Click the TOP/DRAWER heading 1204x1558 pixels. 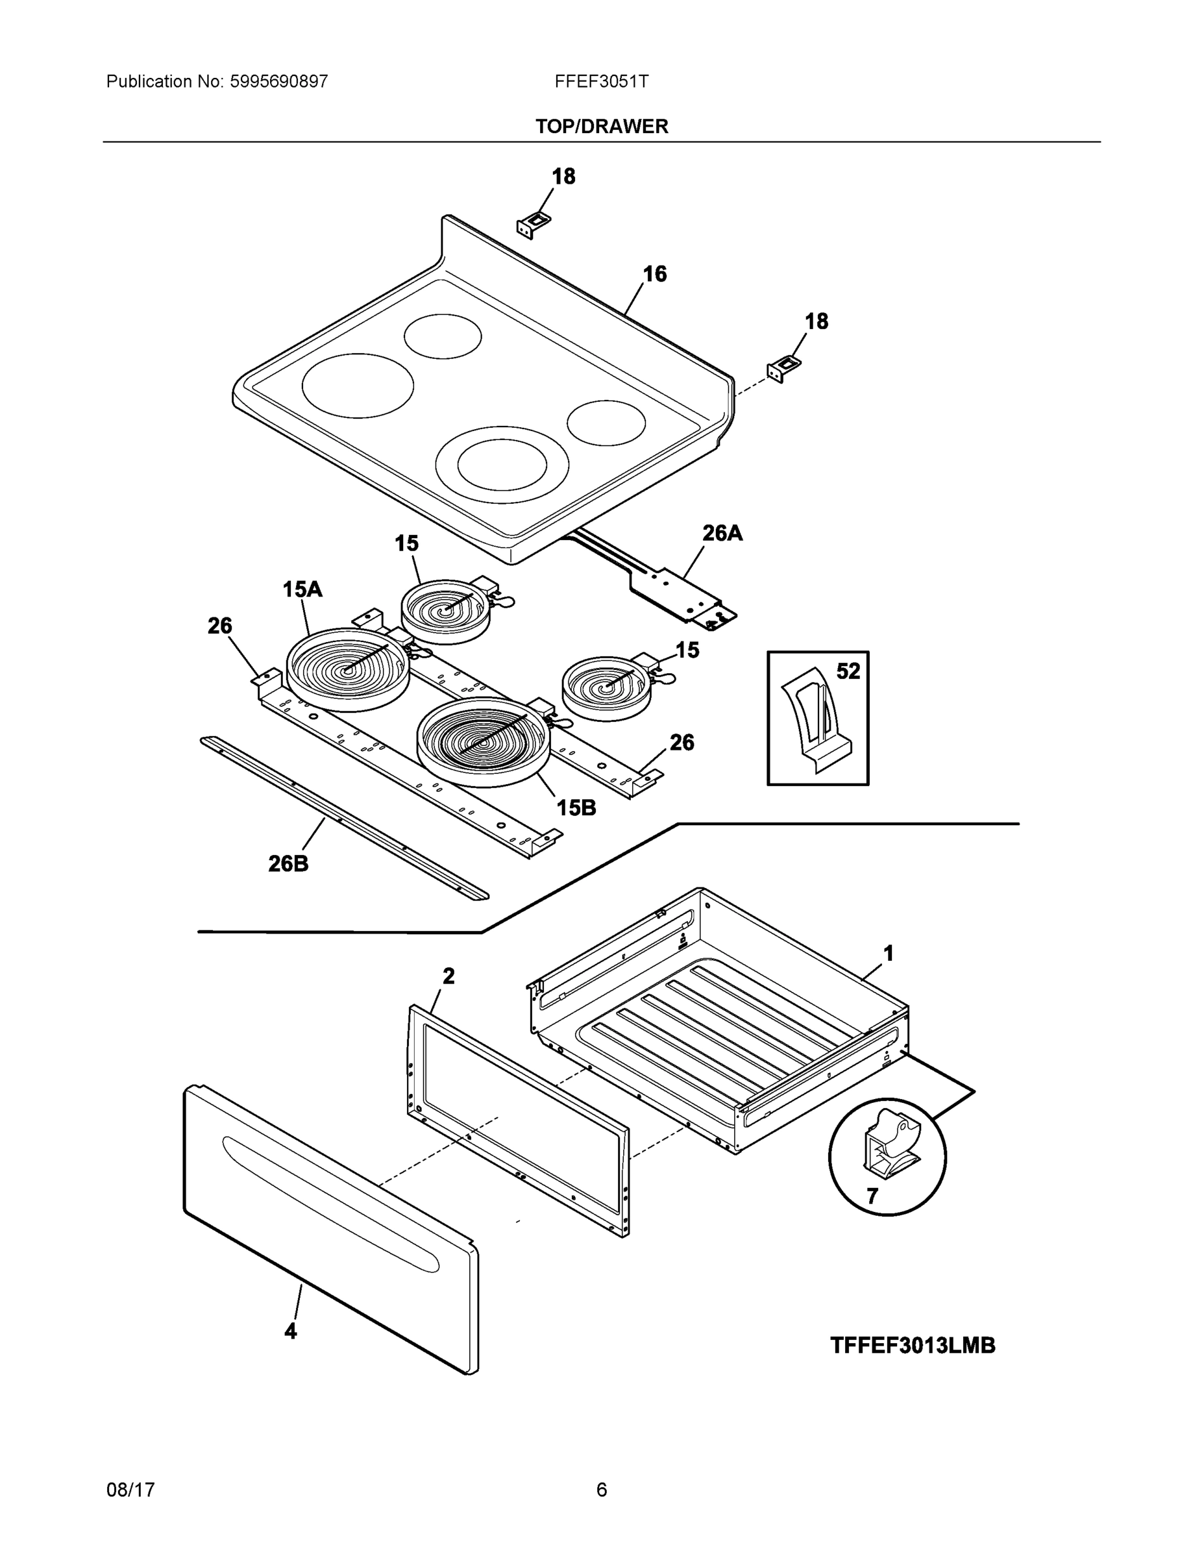point(601,127)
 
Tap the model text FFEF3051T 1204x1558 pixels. point(601,81)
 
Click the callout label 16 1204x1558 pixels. point(654,274)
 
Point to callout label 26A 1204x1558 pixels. point(722,532)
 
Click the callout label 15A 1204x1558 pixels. point(302,589)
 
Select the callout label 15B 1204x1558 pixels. point(576,808)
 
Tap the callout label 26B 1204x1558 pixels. point(288,864)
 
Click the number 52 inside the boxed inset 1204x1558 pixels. point(848,671)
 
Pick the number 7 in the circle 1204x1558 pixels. point(872,1196)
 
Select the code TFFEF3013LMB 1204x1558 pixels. point(913,1346)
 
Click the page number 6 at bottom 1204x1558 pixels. point(601,1490)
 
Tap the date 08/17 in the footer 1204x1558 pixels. point(130,1490)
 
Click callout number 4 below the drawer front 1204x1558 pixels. point(290,1331)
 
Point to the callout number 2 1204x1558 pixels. point(448,976)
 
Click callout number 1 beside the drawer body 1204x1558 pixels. point(888,953)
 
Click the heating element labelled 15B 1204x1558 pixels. point(484,742)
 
